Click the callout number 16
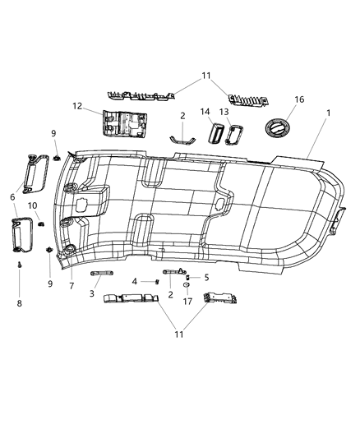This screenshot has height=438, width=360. pos(299,99)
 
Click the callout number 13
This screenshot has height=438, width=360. pos(224,112)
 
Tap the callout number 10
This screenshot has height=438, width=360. pos(33,205)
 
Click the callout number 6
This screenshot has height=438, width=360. pos(12,197)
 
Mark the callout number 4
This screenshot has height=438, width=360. pos(134,282)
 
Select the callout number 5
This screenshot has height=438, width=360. pos(206,278)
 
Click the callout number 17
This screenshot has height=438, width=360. pos(187,302)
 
